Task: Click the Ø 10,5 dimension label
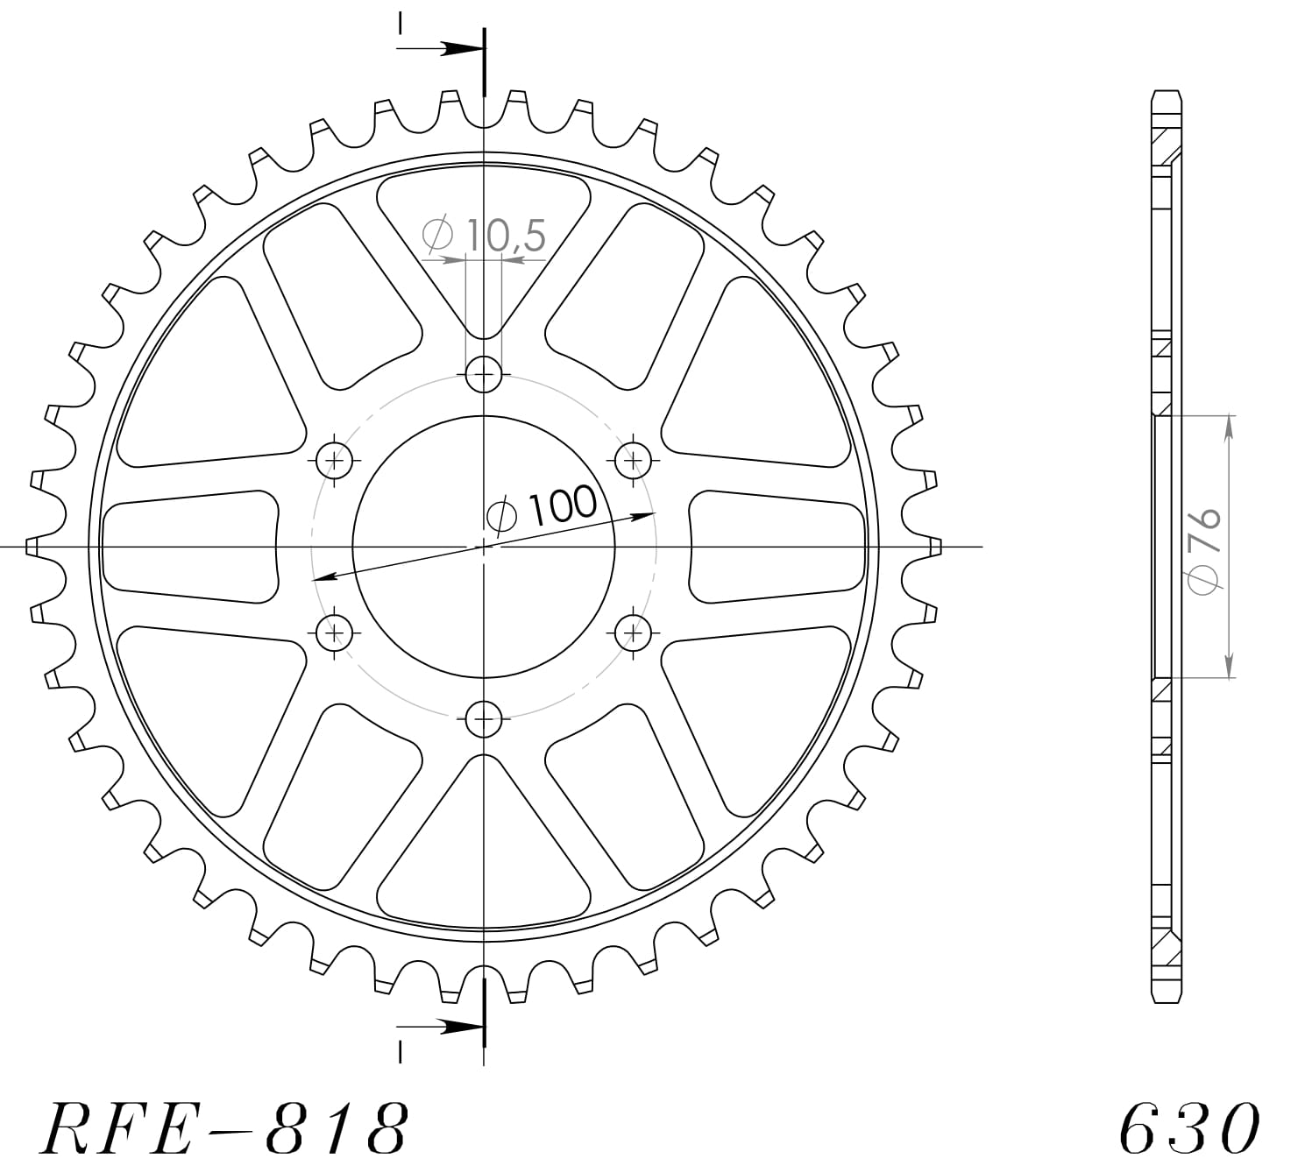[484, 235]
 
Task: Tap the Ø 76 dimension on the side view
[1205, 551]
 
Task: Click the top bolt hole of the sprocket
[484, 375]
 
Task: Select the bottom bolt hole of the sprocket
[484, 720]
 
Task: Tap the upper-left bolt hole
[334, 458]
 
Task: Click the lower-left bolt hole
[334, 631]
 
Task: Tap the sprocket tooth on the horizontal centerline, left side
[33, 547]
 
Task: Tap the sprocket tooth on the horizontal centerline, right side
[934, 547]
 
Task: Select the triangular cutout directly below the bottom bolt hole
[484, 850]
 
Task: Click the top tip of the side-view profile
[1163, 92]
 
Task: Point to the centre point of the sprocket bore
[484, 547]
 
